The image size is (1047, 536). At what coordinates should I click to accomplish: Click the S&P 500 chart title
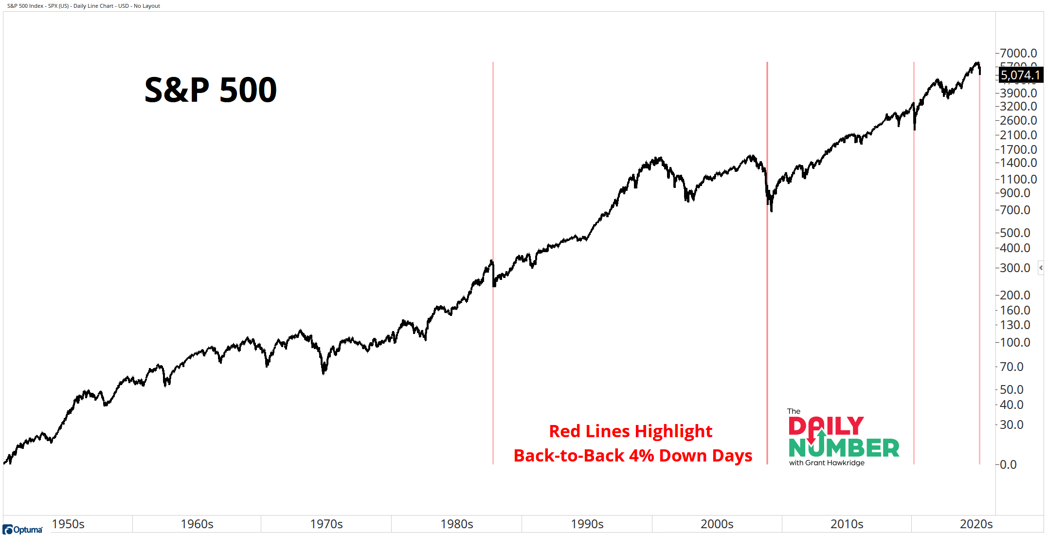210,90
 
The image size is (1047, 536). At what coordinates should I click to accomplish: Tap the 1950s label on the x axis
68,524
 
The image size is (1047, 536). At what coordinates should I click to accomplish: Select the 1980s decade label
456,524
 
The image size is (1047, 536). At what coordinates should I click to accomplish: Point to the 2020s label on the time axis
976,524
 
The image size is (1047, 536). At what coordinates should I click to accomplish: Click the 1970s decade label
326,524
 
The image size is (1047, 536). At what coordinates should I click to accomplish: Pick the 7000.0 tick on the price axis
1018,53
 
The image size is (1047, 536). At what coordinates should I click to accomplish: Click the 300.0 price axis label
1015,268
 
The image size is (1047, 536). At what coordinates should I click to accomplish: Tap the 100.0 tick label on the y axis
1015,342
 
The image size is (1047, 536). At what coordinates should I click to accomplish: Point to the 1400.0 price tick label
1018,163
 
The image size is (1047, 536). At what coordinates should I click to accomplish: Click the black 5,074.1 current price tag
1020,75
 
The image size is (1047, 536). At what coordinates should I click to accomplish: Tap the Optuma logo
22,529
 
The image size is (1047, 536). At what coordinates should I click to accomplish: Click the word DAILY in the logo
826,426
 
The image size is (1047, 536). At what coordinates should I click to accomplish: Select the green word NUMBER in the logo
844,448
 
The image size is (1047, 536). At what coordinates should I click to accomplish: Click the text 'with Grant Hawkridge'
827,462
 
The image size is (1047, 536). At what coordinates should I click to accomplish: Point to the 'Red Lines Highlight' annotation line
631,431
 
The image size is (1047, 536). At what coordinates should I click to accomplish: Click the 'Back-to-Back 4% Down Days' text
632,456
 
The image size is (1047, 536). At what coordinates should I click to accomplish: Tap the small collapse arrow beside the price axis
1041,268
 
